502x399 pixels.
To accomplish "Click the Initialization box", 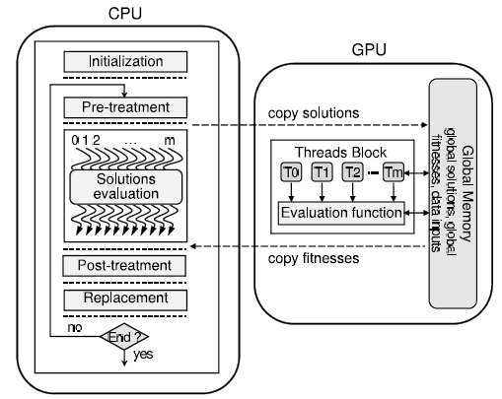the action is coord(125,61).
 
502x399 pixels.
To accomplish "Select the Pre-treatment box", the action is coord(125,107).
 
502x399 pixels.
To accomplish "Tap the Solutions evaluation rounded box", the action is coord(125,186).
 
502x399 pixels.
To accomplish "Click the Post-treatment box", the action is coord(124,265).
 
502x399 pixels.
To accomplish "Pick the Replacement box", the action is coord(125,299).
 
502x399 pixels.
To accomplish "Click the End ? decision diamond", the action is coord(124,336).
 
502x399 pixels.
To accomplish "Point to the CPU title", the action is coord(125,14).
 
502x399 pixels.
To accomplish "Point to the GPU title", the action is coord(369,50).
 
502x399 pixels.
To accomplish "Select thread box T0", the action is coord(291,171).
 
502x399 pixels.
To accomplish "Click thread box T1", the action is coord(322,171).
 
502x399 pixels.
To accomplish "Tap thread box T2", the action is coord(352,171).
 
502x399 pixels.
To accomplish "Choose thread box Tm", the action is coord(394,171).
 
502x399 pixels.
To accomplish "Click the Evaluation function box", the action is coord(341,213).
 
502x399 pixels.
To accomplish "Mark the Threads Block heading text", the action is coord(340,153).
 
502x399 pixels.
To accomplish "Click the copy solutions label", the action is coord(314,113).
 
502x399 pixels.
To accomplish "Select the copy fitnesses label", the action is coord(314,258).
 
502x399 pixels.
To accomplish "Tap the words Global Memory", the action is coord(467,194).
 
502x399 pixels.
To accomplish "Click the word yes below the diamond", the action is coord(143,355).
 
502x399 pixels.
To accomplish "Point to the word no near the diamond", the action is coord(75,327).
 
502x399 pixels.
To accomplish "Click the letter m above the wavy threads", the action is coord(170,141).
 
